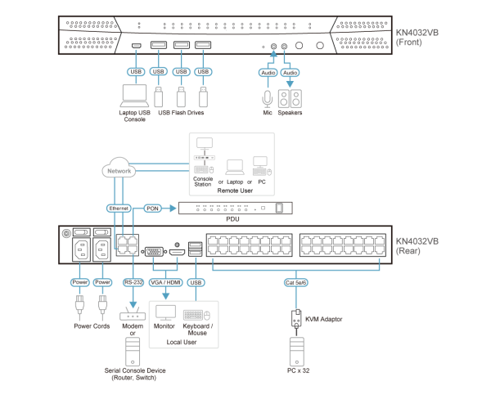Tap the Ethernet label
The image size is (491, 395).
point(119,209)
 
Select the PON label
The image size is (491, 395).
point(152,209)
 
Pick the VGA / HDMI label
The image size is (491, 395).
point(166,282)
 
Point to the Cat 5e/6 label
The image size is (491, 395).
point(295,282)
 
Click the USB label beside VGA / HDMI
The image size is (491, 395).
point(196,282)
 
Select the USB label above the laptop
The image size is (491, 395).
point(136,72)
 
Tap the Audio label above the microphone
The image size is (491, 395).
point(268,72)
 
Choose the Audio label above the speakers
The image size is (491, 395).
point(290,72)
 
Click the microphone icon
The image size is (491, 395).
point(267,99)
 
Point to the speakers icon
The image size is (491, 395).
point(289,99)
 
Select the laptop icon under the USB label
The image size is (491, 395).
point(134,96)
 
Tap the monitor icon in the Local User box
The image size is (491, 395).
point(165,313)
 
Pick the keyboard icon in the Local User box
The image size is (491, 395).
point(196,315)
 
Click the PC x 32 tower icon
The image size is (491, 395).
point(296,351)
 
